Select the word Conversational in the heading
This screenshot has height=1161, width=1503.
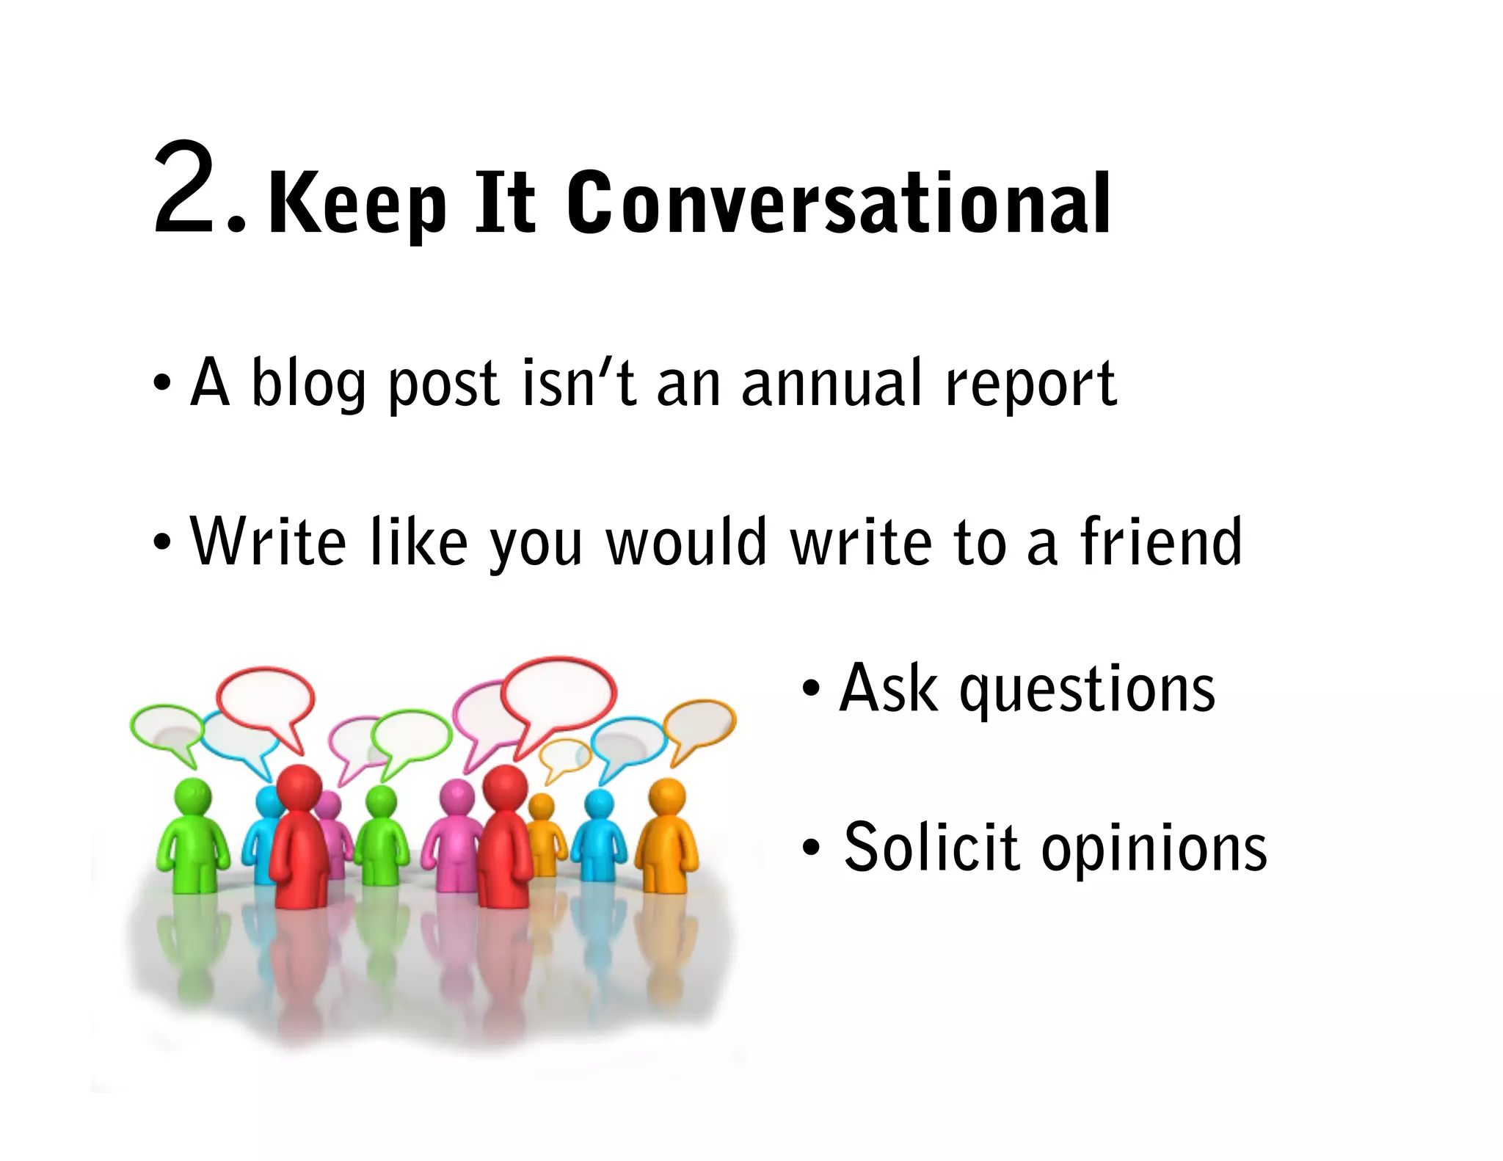[839, 203]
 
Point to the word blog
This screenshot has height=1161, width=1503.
[308, 383]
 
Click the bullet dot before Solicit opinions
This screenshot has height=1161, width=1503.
[809, 848]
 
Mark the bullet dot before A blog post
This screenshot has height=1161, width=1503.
[162, 383]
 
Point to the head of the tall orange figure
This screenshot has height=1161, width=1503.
[667, 796]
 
